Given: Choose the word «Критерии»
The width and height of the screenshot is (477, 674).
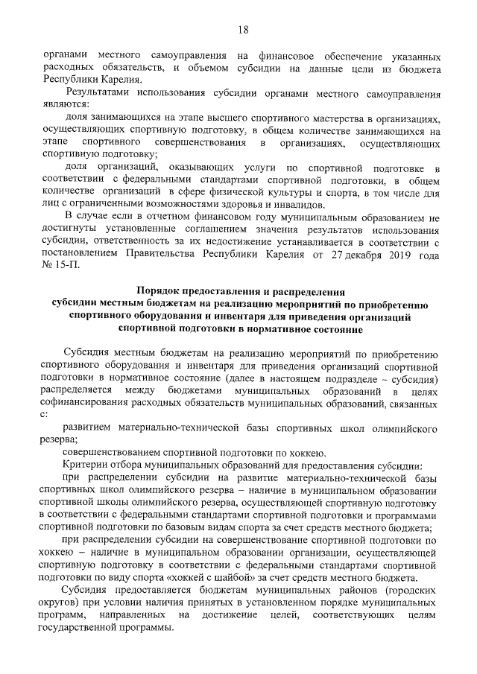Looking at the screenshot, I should [86, 463].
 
